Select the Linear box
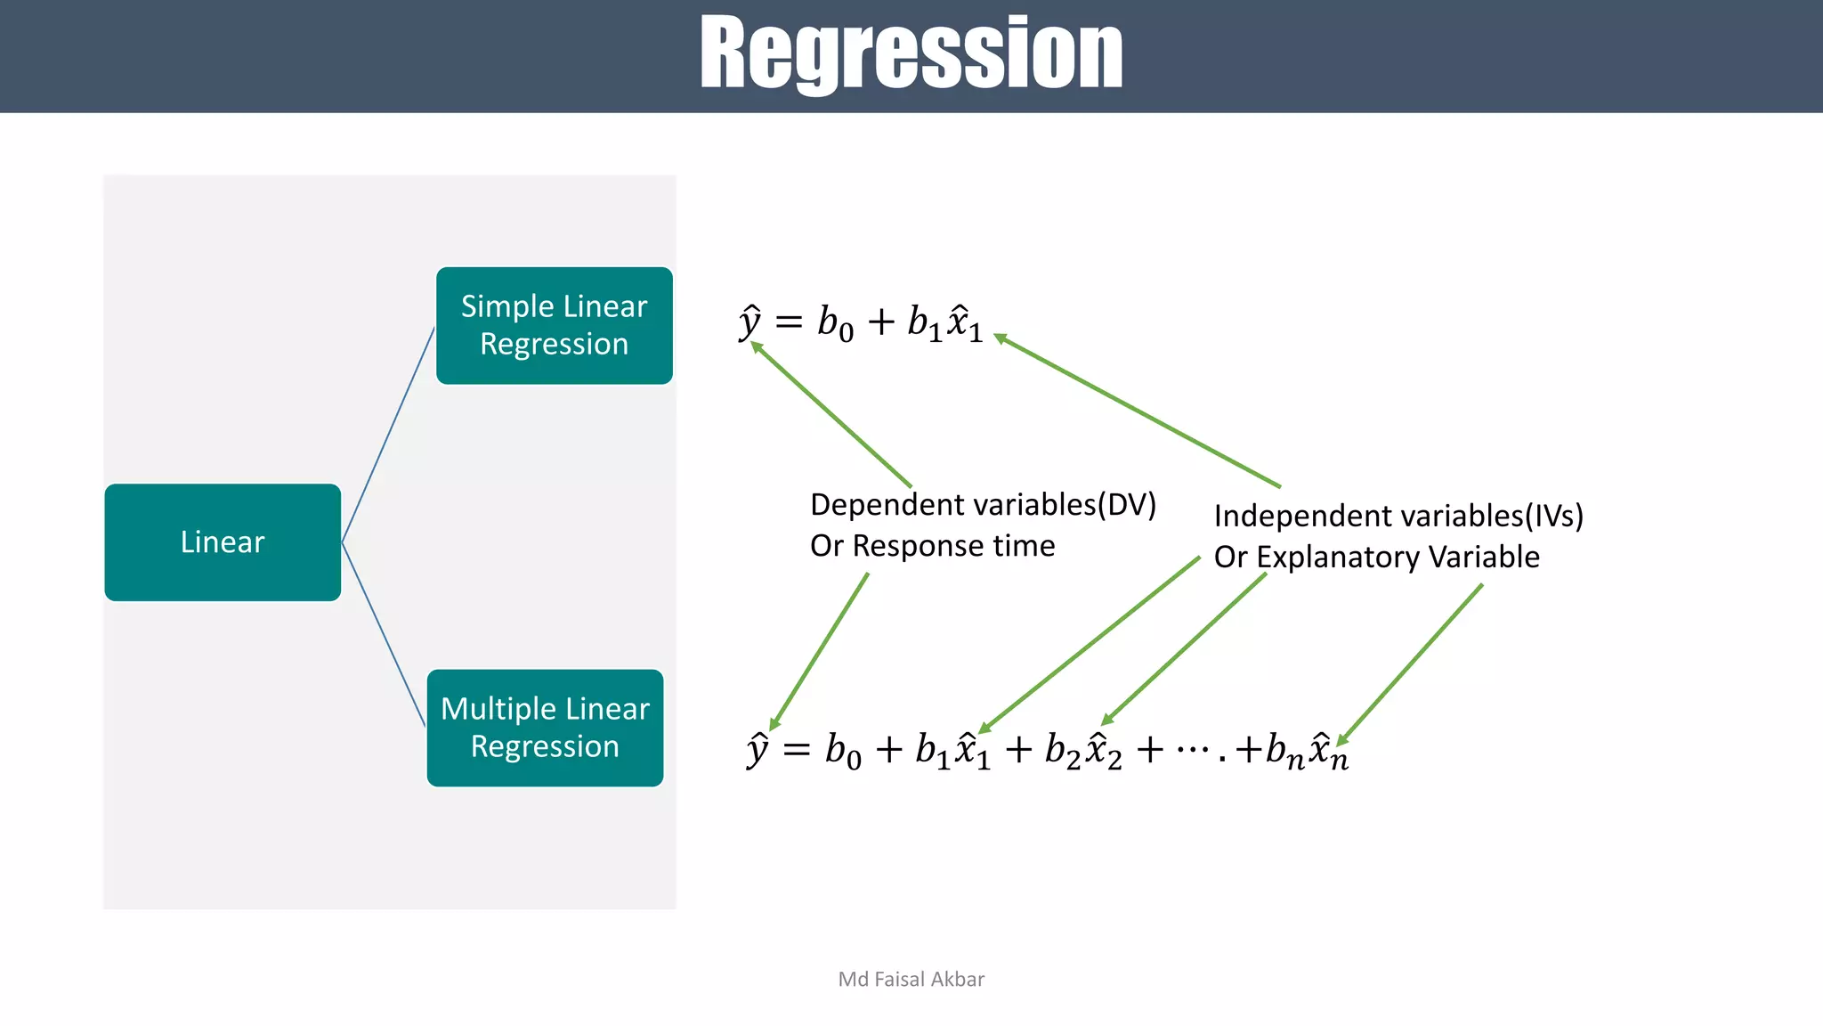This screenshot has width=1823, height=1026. [223, 542]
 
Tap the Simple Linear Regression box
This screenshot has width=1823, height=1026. [554, 326]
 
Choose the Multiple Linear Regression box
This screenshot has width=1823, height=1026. [545, 728]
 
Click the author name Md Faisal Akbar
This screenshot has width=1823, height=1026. [911, 979]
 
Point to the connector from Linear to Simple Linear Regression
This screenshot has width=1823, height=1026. [388, 435]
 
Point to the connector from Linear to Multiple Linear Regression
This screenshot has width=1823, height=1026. [384, 634]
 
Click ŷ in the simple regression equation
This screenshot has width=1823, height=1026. [750, 321]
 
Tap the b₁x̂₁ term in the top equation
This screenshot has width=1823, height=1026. [944, 322]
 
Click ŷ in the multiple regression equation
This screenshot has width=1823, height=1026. [758, 749]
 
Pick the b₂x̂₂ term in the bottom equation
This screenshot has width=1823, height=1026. [1082, 750]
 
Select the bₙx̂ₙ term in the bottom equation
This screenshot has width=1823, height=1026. [1306, 750]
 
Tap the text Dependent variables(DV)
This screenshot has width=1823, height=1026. [983, 505]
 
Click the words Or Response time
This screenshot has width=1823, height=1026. [932, 546]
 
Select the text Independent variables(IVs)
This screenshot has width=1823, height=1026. [1398, 517]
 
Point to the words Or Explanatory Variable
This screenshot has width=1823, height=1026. [1376, 558]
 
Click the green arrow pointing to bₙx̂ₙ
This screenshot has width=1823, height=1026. [1411, 664]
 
